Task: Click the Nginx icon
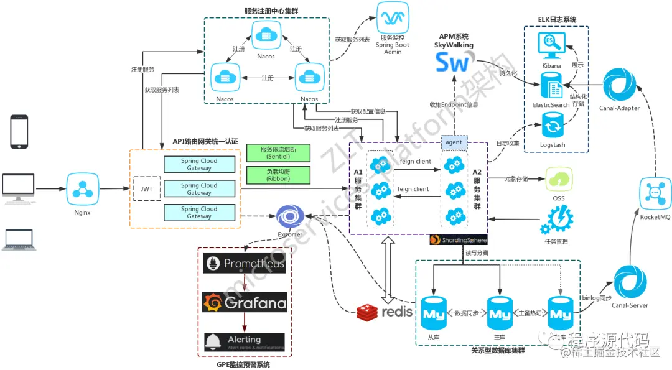click(82, 188)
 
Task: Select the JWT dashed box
click(147, 188)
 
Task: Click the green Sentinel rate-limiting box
click(278, 153)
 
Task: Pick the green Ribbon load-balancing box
click(278, 175)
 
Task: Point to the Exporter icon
click(289, 217)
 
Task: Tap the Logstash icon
click(552, 127)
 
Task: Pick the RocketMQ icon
click(656, 194)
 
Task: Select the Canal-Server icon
click(630, 283)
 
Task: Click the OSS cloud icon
click(558, 180)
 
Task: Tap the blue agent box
click(454, 142)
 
